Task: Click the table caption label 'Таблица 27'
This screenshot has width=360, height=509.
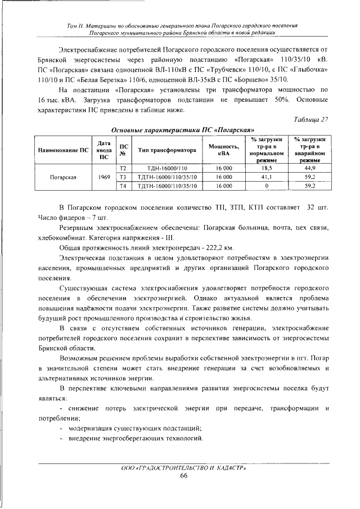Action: [311, 118]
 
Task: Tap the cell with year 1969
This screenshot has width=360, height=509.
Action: [103, 177]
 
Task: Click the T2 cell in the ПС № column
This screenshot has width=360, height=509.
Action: [124, 168]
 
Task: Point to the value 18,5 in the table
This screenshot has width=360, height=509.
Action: [267, 168]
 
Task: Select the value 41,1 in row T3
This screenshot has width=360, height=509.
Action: [267, 177]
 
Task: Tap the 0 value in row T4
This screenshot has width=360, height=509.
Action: [267, 185]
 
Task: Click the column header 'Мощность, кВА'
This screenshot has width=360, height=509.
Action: [224, 150]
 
